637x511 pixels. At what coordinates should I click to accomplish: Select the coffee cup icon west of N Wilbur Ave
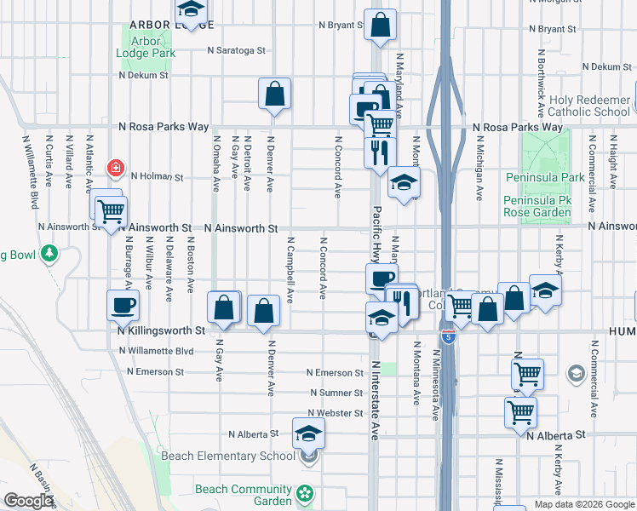click(x=123, y=304)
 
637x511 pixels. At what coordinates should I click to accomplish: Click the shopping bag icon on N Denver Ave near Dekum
click(x=275, y=95)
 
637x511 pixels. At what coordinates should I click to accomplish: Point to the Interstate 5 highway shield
click(x=449, y=337)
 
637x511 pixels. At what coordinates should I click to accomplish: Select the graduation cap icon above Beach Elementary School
click(x=309, y=433)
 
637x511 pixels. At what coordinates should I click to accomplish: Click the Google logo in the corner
click(x=28, y=501)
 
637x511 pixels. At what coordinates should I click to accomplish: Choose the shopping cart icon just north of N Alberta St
click(x=520, y=413)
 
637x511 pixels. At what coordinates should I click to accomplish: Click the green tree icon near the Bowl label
click(x=49, y=253)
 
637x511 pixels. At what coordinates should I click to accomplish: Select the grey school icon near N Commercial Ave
click(x=576, y=375)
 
